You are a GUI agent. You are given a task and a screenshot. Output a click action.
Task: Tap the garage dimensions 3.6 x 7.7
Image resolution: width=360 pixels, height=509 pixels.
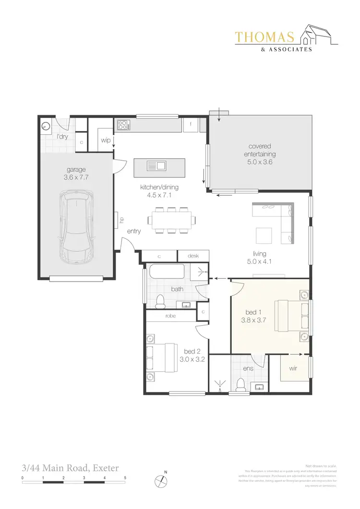click(x=76, y=177)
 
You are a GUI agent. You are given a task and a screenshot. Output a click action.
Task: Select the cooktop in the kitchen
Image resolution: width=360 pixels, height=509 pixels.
click(x=123, y=126)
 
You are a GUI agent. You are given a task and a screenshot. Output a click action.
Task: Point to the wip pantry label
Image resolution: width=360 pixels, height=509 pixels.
click(x=106, y=140)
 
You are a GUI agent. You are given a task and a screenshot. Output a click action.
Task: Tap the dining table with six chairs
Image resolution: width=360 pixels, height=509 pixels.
click(x=172, y=220)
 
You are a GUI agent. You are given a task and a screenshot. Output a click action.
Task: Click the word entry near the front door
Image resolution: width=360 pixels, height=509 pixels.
click(x=134, y=231)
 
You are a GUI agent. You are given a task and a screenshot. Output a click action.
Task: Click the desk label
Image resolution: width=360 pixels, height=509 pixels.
click(x=193, y=256)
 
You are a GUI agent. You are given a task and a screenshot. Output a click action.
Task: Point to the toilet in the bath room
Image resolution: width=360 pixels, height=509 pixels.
click(x=160, y=301)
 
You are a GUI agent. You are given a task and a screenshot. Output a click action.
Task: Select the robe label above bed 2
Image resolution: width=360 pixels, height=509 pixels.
click(x=170, y=316)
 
